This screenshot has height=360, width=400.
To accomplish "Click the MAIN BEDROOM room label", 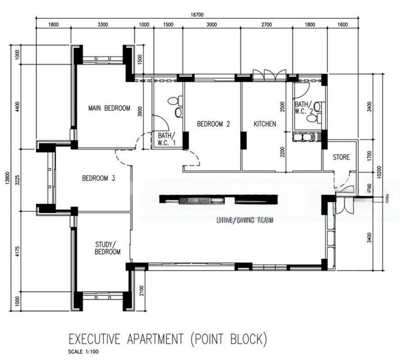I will coord(109,108).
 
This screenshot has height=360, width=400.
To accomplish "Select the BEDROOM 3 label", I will coord(98,178).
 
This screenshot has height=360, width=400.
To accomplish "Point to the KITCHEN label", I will coord(264,124).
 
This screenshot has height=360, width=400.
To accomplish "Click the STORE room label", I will coord(340,158).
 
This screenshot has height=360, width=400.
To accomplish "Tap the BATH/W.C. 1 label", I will coord(166,139).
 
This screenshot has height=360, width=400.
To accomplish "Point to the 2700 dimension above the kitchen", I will coord(266,25).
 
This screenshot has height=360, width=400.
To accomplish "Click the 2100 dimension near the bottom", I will coord(141,289).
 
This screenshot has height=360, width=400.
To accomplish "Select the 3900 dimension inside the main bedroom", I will coord(139,112).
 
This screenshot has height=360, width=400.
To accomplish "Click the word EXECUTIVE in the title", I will coord(101,339).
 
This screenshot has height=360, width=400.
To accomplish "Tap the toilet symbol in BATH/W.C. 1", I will coord(174,101).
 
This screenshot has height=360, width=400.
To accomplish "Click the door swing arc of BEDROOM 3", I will coord(123,160).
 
